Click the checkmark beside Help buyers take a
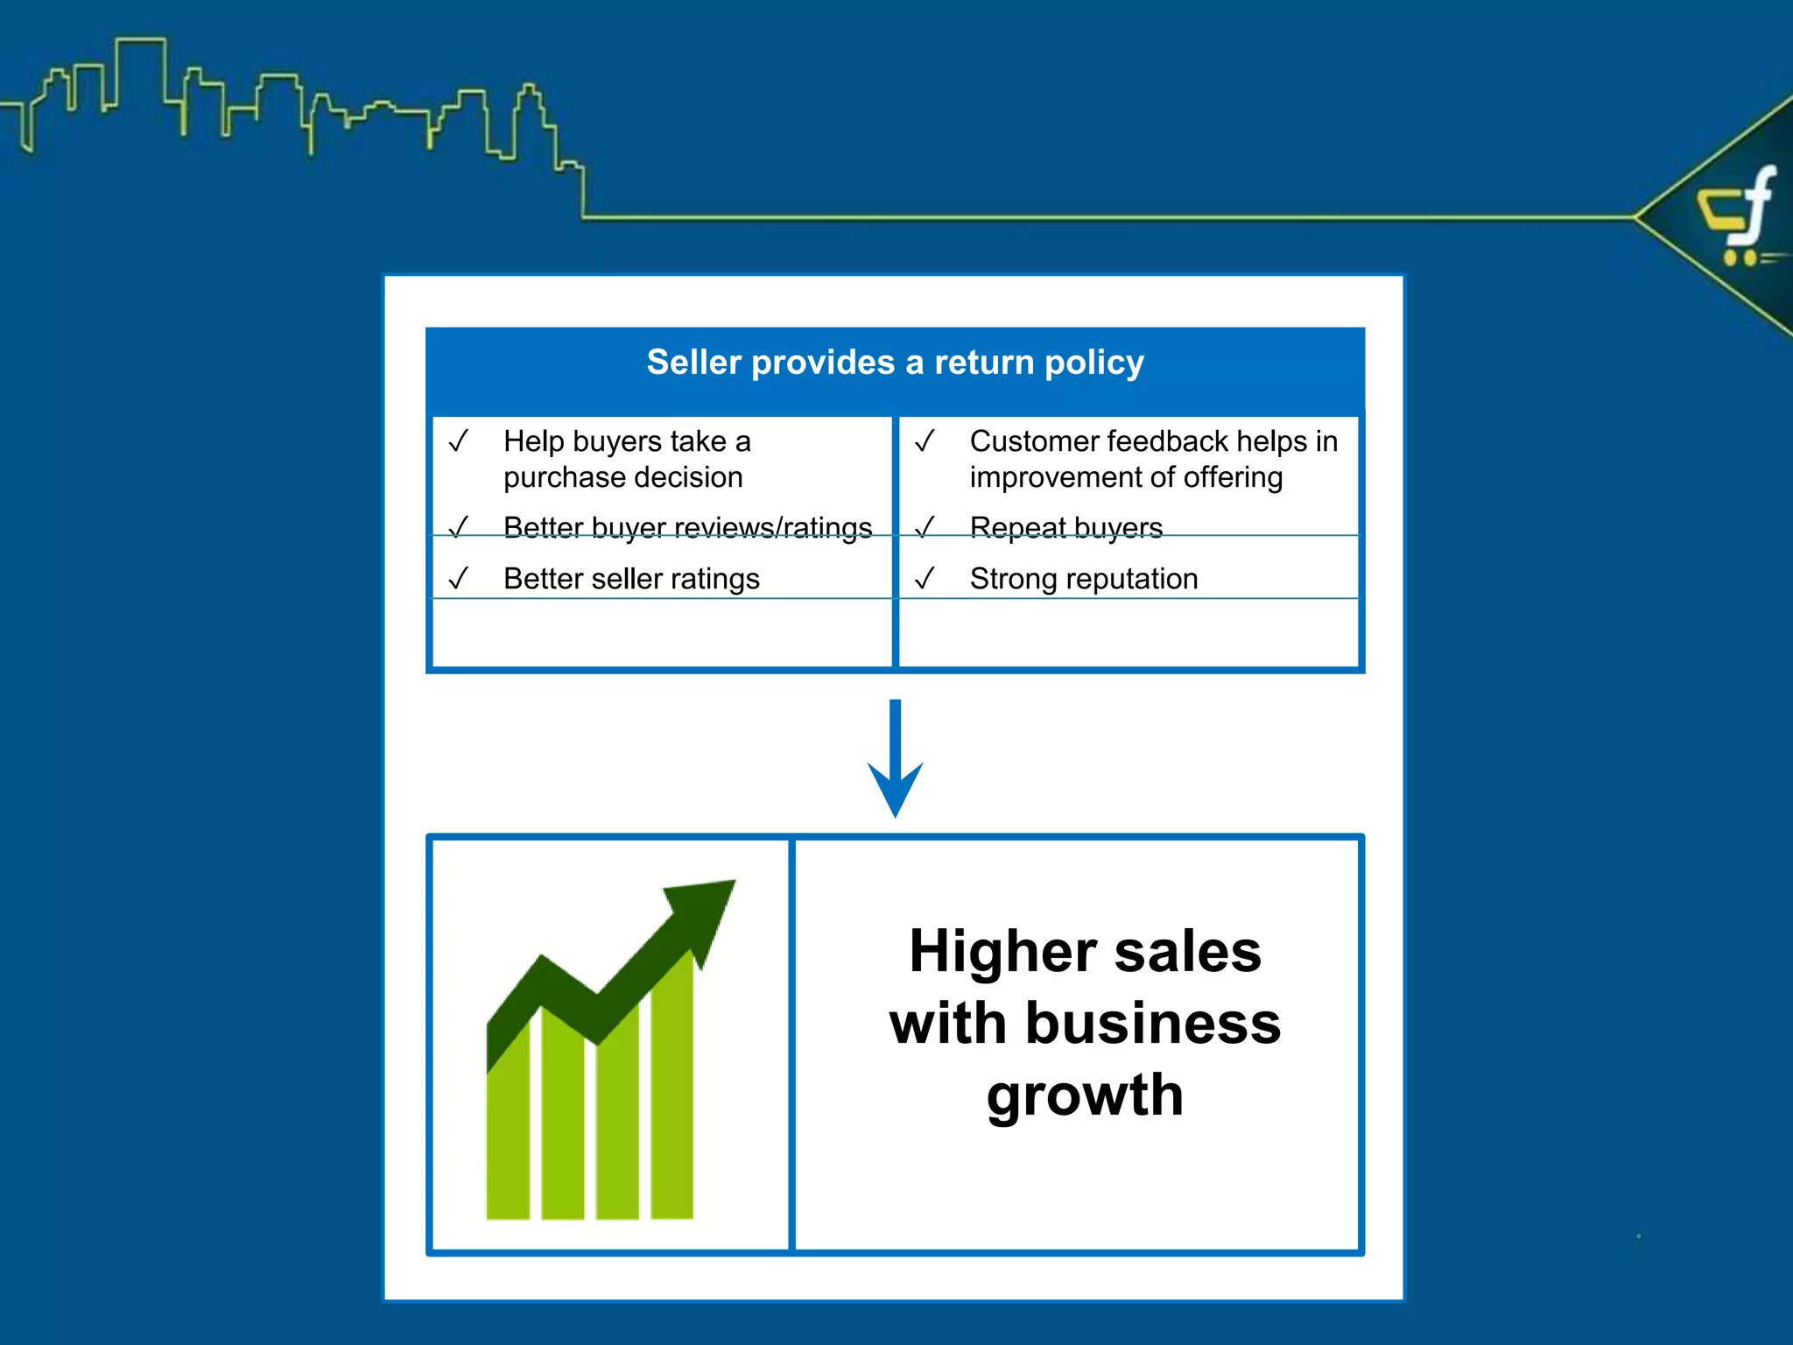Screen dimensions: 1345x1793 pos(459,440)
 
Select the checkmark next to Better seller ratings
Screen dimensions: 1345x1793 pos(459,578)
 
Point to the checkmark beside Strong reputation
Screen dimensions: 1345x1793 pos(925,578)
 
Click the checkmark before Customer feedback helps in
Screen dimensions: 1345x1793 pos(925,440)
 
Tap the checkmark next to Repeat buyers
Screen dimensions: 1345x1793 pos(925,527)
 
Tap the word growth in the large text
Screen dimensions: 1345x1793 pos(1085,1096)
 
